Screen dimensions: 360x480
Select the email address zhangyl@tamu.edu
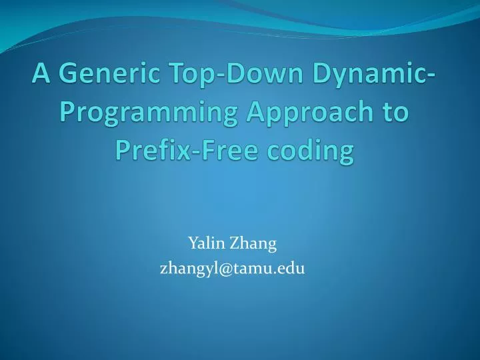(x=232, y=269)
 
